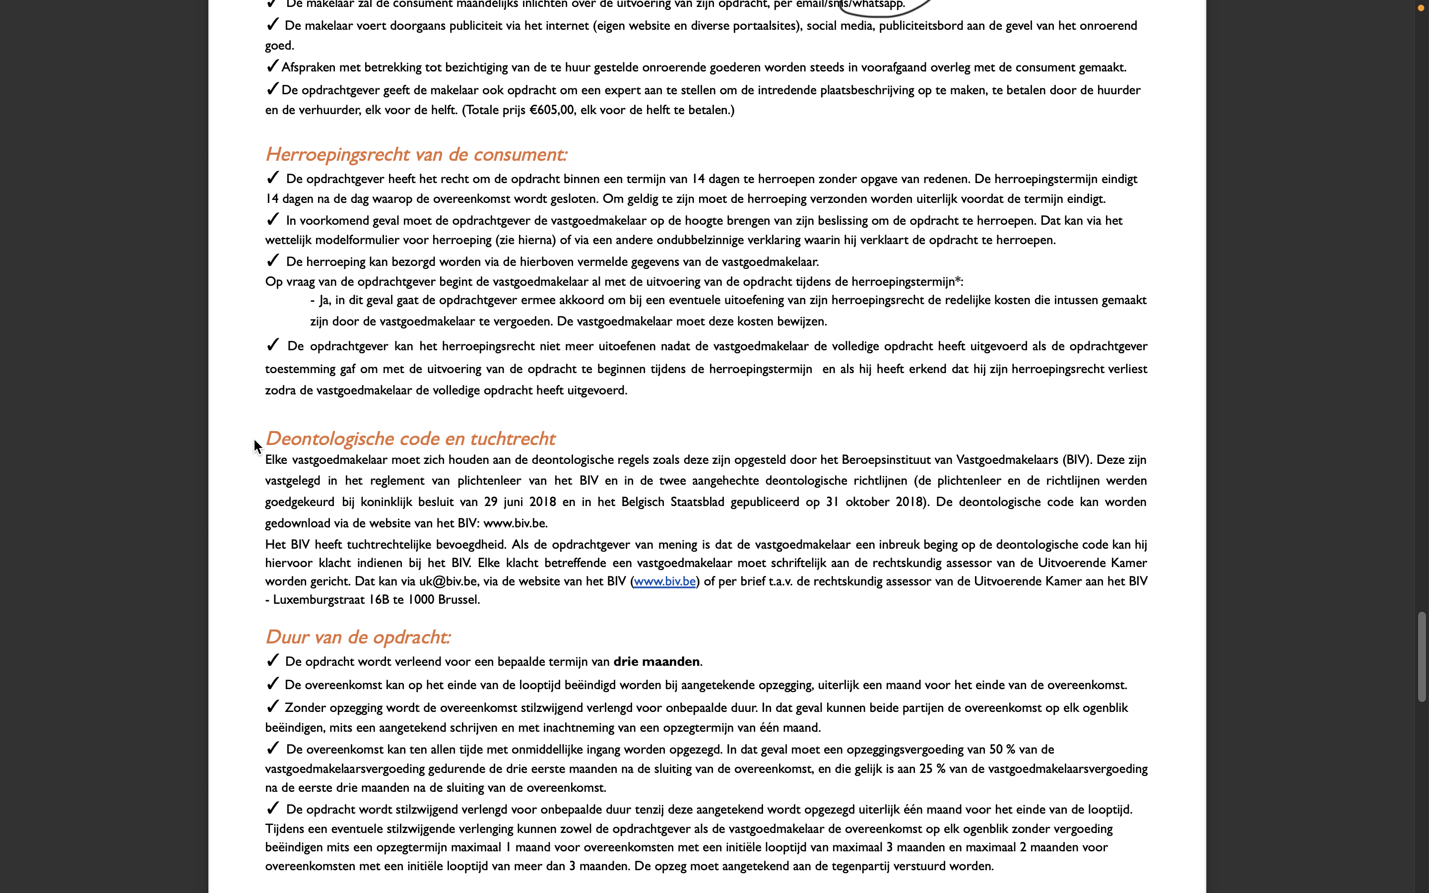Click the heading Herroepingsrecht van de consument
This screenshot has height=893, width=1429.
tap(416, 154)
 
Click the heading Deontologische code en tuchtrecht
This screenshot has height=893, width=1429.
tap(410, 438)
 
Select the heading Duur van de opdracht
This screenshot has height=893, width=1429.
tap(358, 637)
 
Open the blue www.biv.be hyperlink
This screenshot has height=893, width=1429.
tap(664, 581)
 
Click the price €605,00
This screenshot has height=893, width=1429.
tap(552, 110)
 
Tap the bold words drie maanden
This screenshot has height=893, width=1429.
tap(656, 661)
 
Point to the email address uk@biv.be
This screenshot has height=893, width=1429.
tap(448, 581)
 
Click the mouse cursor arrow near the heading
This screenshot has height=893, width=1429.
tap(258, 446)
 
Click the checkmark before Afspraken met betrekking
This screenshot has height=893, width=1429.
tap(272, 66)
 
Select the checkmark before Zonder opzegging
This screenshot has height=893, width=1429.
tap(272, 706)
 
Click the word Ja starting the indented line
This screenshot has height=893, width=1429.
tap(324, 300)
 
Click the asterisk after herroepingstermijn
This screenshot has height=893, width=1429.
tap(958, 280)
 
